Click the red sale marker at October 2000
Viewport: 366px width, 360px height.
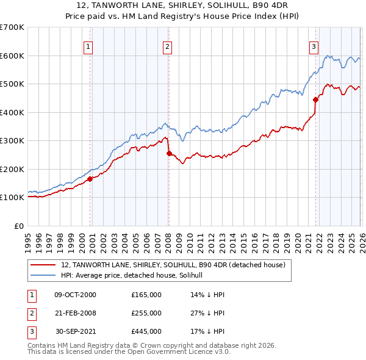90,179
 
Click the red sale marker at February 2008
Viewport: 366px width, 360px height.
169,153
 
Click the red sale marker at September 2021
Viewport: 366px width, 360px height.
315,99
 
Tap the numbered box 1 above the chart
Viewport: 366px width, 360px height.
88,46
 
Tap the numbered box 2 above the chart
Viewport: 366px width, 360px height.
167,46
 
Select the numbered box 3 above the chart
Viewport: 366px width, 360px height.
314,46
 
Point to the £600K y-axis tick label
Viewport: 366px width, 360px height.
12,56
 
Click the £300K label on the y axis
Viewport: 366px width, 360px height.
12,140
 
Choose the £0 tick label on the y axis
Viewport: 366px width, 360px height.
19,226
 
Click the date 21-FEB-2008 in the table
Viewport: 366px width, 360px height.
75,313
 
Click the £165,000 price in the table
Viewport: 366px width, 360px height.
146,295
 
